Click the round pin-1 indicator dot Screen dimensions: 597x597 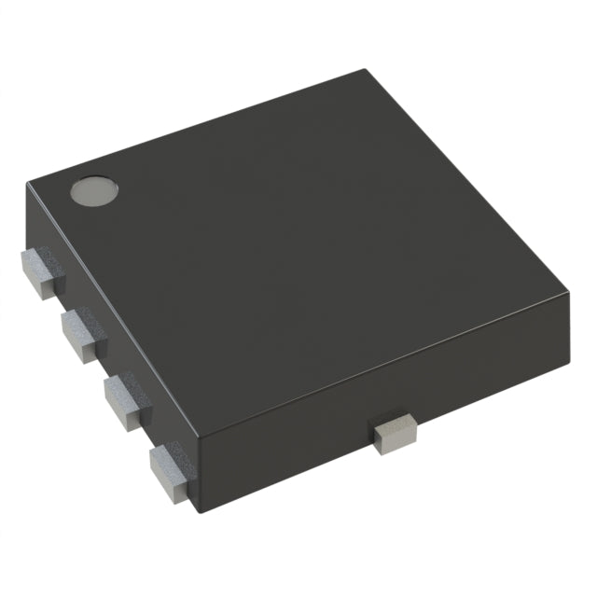(95, 191)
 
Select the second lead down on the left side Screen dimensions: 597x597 (83, 335)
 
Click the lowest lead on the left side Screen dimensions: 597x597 (169, 465)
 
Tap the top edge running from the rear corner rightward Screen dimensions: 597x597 (466, 185)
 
